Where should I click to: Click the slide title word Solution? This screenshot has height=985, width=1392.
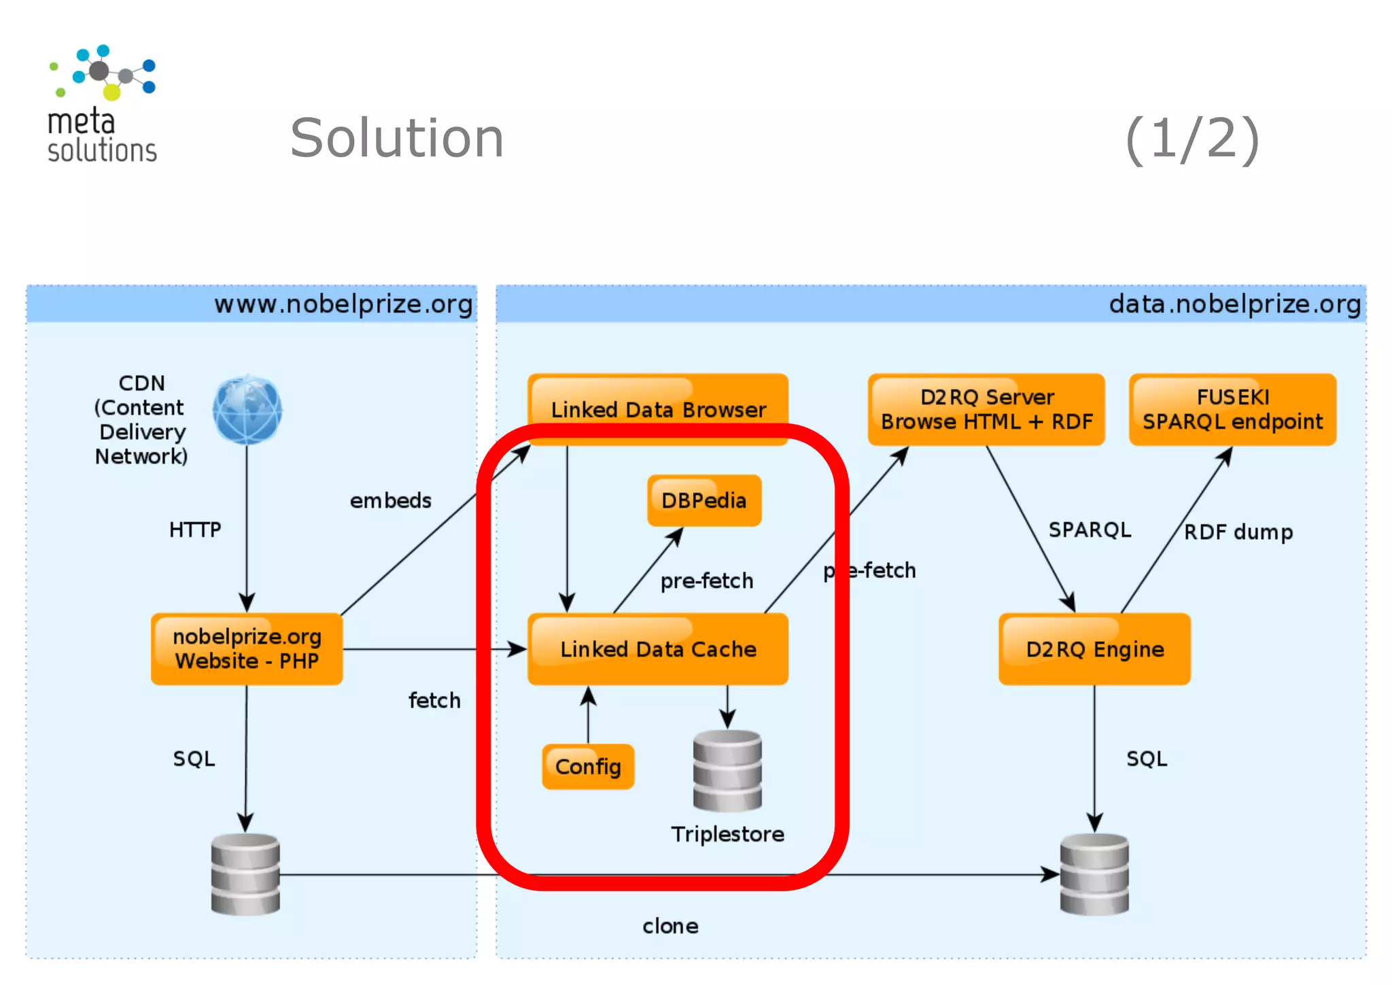(x=396, y=138)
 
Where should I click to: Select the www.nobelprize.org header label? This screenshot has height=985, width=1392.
(x=343, y=304)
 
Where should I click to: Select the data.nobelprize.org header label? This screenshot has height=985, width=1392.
(x=1234, y=304)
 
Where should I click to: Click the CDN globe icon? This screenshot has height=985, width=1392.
(x=247, y=409)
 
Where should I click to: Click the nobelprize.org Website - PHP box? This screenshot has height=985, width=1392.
(x=247, y=649)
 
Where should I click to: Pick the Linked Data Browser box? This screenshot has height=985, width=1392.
(x=658, y=409)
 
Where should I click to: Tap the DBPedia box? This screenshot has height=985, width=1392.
(x=704, y=500)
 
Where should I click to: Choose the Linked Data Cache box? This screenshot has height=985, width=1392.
(x=658, y=649)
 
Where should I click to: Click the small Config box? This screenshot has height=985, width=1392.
(x=588, y=766)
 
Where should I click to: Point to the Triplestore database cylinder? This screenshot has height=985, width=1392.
(x=727, y=770)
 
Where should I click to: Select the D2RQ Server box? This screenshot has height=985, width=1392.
(x=986, y=409)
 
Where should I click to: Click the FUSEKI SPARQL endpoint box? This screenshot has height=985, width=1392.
(x=1232, y=409)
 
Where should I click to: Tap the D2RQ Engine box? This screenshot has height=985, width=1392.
(x=1094, y=649)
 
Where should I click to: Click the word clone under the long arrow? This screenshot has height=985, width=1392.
(x=670, y=926)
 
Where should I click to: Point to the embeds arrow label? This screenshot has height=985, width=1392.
(x=390, y=500)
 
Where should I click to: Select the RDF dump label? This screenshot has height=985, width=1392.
(x=1238, y=532)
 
